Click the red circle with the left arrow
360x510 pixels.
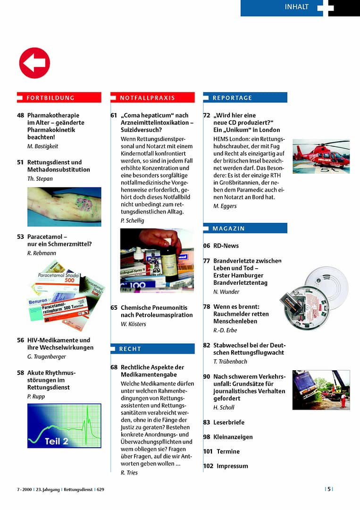pyautogui.click(x=34, y=63)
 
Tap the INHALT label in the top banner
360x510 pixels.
pyautogui.click(x=296, y=7)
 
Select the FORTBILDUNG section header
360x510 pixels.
pyautogui.click(x=50, y=98)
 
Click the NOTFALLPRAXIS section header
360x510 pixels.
pyautogui.click(x=147, y=98)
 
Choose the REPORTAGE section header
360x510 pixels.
pyautogui.click(x=233, y=98)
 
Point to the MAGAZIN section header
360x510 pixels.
pyautogui.click(x=229, y=229)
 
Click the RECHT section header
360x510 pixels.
pyautogui.click(x=130, y=349)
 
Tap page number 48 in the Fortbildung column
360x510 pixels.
pyautogui.click(x=20, y=115)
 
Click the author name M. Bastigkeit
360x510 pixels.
pyautogui.click(x=43, y=146)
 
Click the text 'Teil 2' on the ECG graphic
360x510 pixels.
pyautogui.click(x=57, y=442)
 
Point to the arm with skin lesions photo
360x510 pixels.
pyautogui.click(x=64, y=207)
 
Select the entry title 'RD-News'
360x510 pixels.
pyautogui.click(x=226, y=246)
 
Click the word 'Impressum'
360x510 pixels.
pyautogui.click(x=232, y=466)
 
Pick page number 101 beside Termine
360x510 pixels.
pyautogui.click(x=208, y=451)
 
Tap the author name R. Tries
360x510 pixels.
pyautogui.click(x=129, y=473)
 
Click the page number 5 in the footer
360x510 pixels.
pyautogui.click(x=329, y=489)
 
